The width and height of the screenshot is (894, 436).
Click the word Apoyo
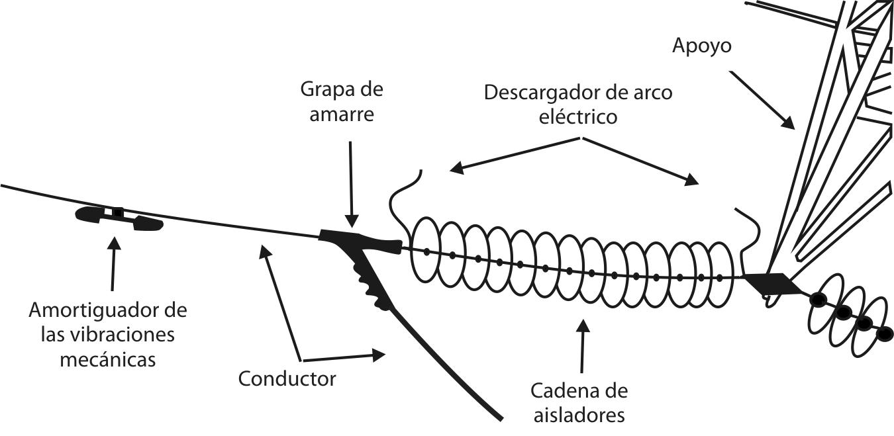pos(701,46)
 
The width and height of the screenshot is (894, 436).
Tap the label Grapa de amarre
pos(341,101)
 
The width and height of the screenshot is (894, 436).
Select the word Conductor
pos(287,379)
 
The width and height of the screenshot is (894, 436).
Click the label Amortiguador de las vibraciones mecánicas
pos(108,334)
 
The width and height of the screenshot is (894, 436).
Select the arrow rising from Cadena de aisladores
pos(583,344)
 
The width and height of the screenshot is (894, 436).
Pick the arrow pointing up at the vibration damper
pos(113,265)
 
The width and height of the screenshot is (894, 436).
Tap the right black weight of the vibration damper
pos(148,224)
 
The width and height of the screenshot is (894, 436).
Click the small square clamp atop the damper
pos(118,212)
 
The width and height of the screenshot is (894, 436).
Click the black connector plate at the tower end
pos(768,282)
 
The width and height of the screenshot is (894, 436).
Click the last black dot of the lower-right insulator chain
pos(883,336)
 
